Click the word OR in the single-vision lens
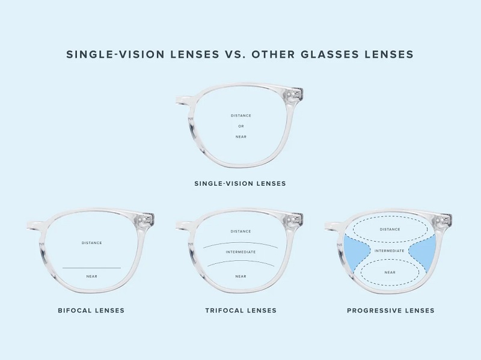click(x=241, y=126)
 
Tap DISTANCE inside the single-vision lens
click(x=241, y=115)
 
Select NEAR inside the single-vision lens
click(x=241, y=137)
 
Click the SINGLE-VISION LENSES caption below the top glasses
click(x=240, y=184)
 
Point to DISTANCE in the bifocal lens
click(x=92, y=243)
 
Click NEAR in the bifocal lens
click(x=92, y=276)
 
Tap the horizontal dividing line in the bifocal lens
click(x=92, y=268)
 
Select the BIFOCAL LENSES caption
click(x=91, y=311)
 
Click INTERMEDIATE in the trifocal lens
click(x=241, y=252)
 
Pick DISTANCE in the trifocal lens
click(x=241, y=231)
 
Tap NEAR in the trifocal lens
click(x=241, y=276)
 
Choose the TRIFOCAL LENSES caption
click(x=241, y=311)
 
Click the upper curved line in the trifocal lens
click(x=241, y=243)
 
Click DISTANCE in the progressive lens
click(x=390, y=230)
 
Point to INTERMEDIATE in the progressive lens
click(x=390, y=251)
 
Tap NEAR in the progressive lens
click(x=390, y=272)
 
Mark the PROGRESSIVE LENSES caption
click(x=391, y=311)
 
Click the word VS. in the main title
click(x=235, y=54)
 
